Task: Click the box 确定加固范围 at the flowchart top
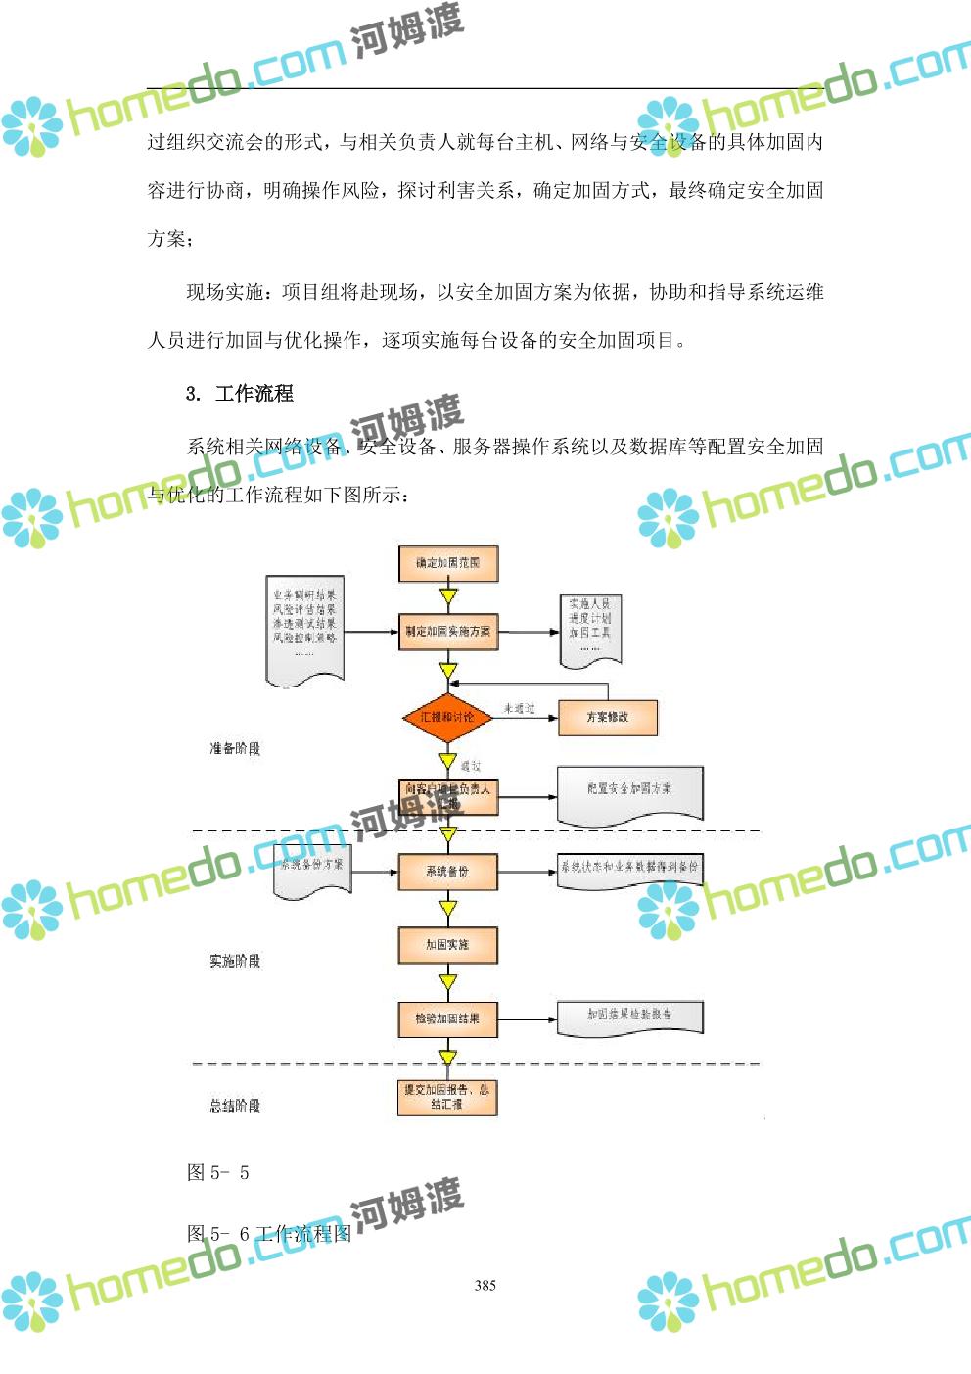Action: click(448, 563)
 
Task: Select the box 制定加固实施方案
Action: click(448, 632)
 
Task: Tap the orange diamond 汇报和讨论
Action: click(447, 717)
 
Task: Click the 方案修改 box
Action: click(608, 717)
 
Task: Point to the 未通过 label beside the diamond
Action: click(519, 708)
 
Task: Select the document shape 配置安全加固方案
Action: click(629, 790)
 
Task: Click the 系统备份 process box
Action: click(448, 871)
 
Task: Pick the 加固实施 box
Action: click(448, 945)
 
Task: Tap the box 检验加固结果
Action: click(448, 1019)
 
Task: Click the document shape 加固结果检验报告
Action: click(629, 1016)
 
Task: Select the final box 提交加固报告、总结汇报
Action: click(448, 1097)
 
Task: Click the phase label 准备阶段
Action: click(235, 749)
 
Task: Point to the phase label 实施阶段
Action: click(235, 962)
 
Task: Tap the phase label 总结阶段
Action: click(235, 1106)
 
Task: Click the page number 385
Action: click(485, 1286)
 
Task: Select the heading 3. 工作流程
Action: click(240, 394)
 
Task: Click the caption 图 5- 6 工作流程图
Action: click(269, 1234)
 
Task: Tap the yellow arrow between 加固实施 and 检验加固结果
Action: click(448, 982)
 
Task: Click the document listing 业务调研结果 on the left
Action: click(304, 627)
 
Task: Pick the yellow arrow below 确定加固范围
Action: click(448, 596)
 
